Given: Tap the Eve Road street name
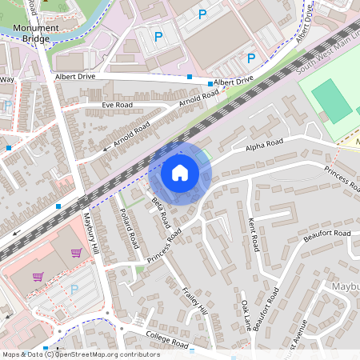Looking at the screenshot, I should [118, 105].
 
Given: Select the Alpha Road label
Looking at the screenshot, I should [264, 144].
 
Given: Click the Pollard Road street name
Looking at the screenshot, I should [129, 229].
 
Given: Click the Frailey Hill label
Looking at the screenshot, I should [195, 299].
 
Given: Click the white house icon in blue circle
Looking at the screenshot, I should [180, 173].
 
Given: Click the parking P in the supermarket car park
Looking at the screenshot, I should [74, 289].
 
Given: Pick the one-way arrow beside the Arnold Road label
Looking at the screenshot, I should [106, 147].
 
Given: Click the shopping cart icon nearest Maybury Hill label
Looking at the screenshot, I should [77, 253].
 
